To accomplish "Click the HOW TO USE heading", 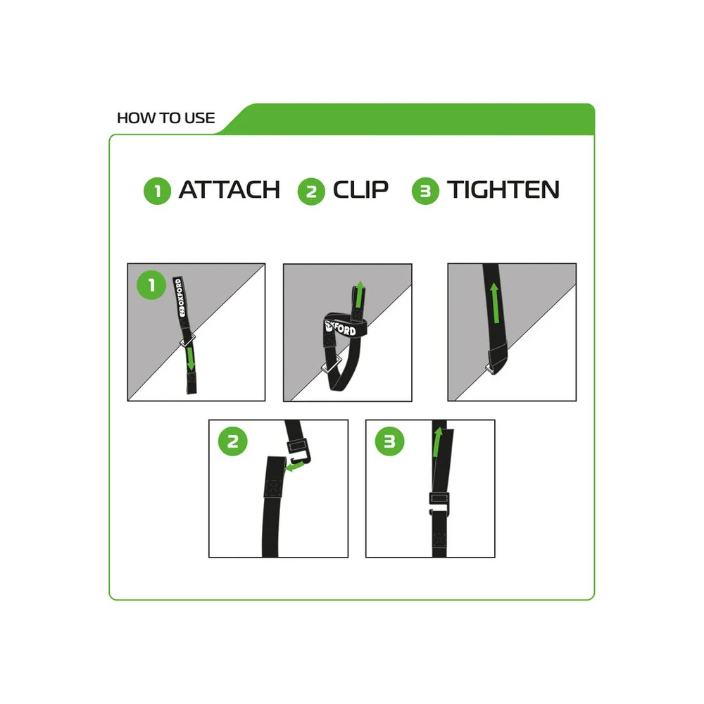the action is pos(165,118).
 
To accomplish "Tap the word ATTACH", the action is pos(230,189).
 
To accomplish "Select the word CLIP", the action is pos(360,189).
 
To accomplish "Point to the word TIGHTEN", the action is pos(503,189).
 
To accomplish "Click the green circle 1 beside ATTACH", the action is pos(157,191).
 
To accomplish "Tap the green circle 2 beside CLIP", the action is pos(311,191).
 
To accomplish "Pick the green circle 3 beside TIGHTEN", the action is pos(425,191).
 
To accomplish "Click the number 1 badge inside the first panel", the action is pos(151,284).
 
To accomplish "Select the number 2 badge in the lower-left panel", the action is pos(232,441).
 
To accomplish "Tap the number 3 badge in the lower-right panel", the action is pos(390,441).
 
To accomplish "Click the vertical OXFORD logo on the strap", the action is pos(180,297).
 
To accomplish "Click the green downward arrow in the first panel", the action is pos(191,358).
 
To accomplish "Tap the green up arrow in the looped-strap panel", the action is pos(359,294).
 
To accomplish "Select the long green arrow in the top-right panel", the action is pos(495,302).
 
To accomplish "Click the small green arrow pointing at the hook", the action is pos(294,467).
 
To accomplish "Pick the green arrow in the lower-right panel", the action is pos(437,442).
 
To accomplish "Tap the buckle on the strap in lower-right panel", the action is pos(439,504).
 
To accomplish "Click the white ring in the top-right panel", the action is pos(490,370).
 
